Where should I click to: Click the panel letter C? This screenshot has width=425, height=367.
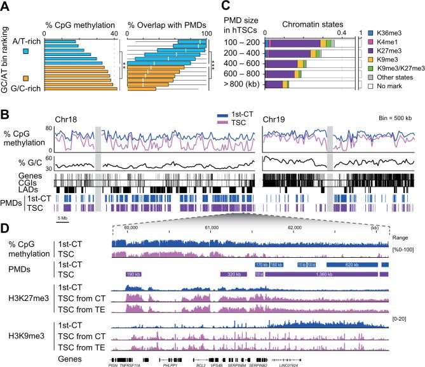click(233, 7)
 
